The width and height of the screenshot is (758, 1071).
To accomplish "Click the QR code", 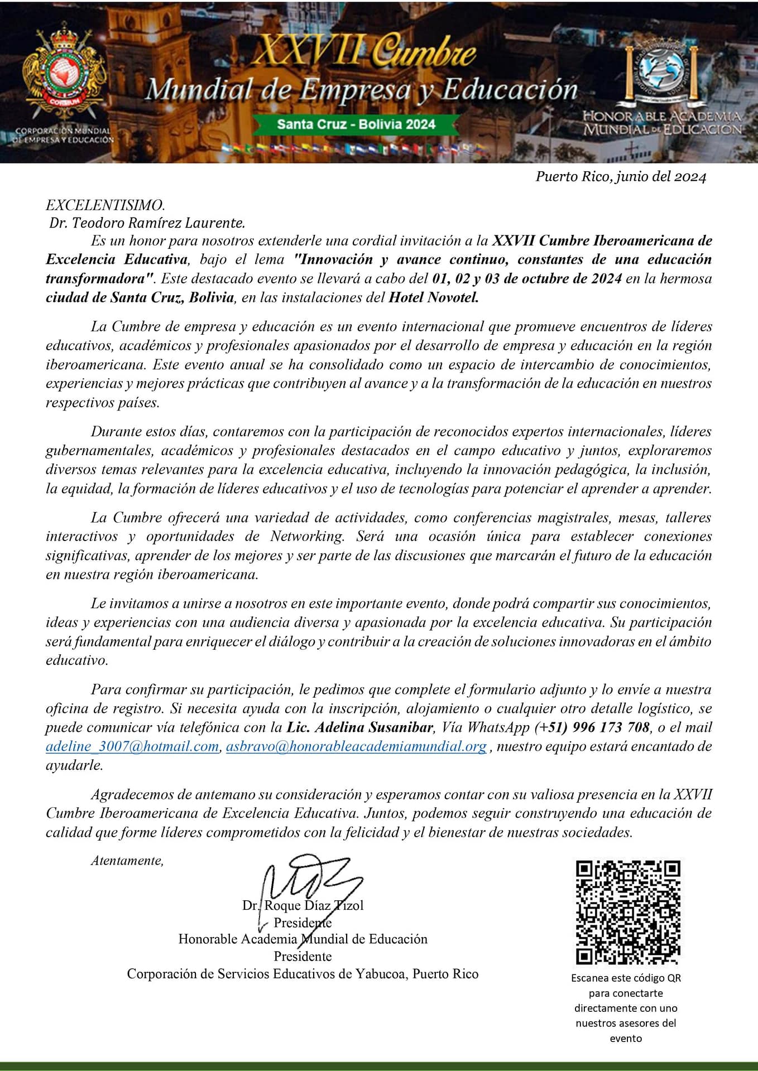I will click(628, 912).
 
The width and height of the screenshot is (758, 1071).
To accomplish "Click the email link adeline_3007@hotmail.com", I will click(132, 746).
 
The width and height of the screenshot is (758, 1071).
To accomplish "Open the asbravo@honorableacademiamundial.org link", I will click(356, 746).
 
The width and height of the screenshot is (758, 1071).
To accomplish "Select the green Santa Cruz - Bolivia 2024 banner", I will click(356, 124).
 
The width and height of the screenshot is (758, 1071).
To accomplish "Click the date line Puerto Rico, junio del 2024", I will click(621, 177).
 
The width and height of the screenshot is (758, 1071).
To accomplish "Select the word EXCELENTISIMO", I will click(105, 205).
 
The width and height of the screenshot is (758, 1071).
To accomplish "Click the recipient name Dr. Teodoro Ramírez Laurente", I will click(147, 223).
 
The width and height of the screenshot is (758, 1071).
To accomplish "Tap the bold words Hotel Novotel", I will click(434, 297).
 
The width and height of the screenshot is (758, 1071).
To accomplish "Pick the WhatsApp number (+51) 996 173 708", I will click(592, 727).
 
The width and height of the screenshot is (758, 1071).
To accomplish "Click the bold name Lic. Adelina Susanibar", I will click(360, 727).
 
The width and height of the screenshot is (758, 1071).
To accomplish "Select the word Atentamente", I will click(127, 861).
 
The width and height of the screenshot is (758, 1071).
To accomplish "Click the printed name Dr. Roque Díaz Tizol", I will click(303, 905).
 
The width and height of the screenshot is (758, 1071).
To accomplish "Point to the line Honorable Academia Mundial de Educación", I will click(303, 939).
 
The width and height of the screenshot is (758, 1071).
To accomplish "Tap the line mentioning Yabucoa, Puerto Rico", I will click(303, 974).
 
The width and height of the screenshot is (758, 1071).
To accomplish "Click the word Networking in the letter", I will click(306, 537).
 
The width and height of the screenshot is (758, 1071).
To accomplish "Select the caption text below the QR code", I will click(626, 1008).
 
